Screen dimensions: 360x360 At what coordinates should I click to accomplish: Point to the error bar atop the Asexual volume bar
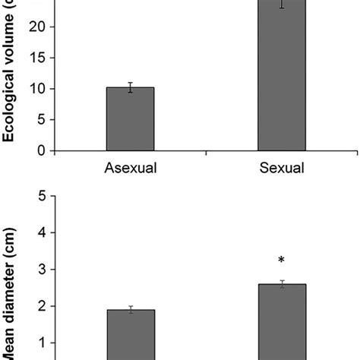pos(130,87)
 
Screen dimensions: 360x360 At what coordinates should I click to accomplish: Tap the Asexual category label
pos(130,169)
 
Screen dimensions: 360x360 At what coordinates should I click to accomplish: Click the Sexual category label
pos(280,169)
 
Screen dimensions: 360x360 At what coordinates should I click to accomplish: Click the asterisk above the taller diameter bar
pos(281,261)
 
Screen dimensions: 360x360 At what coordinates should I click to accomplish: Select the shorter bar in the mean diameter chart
pos(130,334)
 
